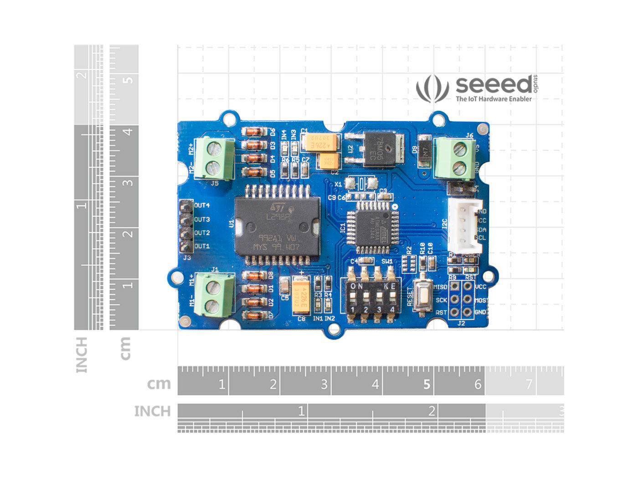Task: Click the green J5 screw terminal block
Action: (214, 158)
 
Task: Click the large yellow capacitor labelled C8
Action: (301, 296)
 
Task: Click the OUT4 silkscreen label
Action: (202, 206)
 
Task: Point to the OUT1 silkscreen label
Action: (202, 246)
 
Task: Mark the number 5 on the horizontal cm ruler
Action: (427, 384)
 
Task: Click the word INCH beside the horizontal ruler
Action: (152, 411)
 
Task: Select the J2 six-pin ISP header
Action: (461, 299)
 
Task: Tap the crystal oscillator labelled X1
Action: (361, 183)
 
